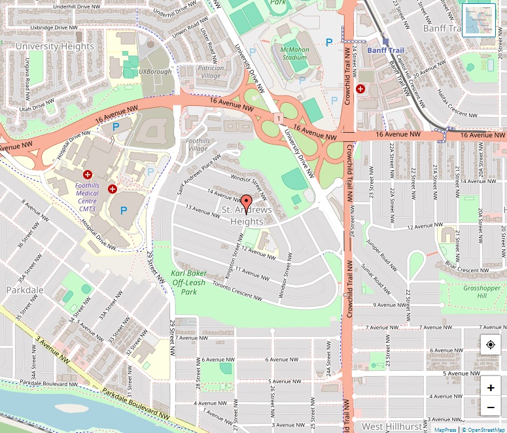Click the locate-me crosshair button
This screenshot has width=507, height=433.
(490, 344)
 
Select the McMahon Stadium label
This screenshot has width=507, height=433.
(294, 53)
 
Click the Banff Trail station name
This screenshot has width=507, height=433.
(385, 50)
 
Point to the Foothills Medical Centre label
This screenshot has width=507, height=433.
(87, 194)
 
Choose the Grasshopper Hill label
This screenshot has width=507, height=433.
(481, 292)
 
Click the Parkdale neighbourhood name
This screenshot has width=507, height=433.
(25, 290)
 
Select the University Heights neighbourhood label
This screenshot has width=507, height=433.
(55, 46)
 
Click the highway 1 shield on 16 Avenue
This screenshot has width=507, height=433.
(279, 117)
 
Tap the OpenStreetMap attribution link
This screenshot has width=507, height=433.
(483, 430)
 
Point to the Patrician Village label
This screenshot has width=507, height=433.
(211, 71)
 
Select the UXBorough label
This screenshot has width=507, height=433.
(155, 71)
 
